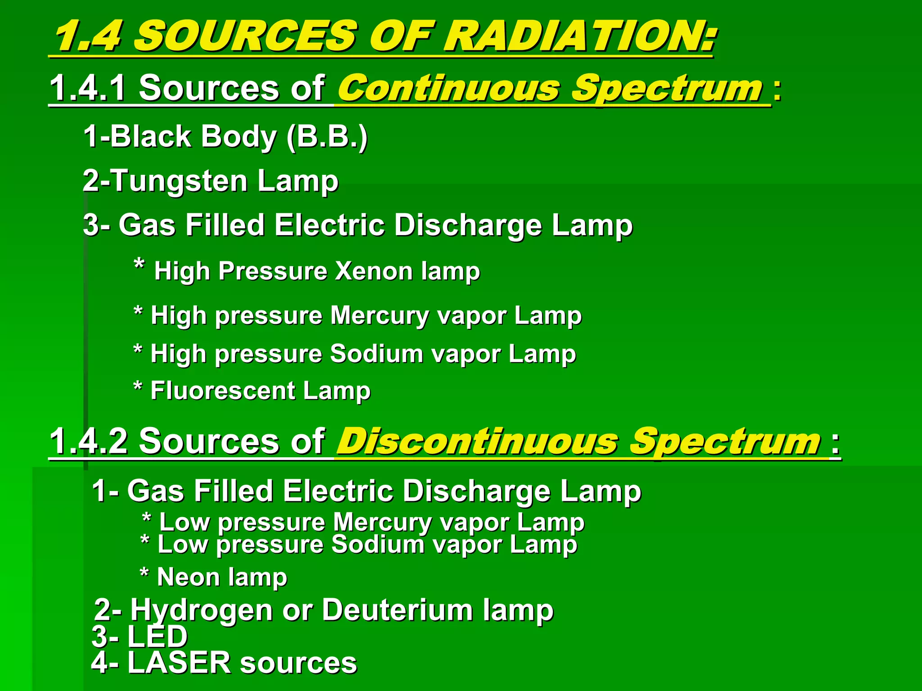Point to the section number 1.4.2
(88, 441)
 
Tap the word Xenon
(374, 271)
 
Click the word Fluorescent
(222, 391)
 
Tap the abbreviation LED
(157, 636)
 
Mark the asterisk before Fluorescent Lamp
(138, 387)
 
